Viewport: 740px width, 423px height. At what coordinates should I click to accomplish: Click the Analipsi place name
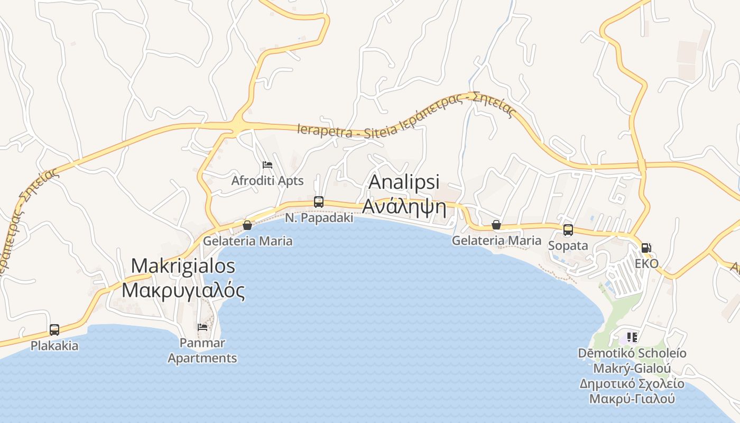(x=404, y=182)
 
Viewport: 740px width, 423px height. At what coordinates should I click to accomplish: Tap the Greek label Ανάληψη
(x=404, y=208)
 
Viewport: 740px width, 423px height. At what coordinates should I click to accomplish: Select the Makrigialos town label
(x=183, y=265)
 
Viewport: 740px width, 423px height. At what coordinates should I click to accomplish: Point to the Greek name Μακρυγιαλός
(x=183, y=290)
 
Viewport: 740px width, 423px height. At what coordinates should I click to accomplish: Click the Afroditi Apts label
(x=267, y=181)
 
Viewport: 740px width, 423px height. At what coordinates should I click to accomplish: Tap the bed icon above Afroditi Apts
(x=267, y=165)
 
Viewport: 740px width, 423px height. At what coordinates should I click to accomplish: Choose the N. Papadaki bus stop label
(x=319, y=217)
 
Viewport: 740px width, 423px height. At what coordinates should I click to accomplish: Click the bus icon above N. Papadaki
(x=319, y=201)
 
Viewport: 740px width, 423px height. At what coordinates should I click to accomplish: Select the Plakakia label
(x=54, y=346)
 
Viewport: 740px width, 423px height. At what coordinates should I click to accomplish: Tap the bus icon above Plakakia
(x=54, y=330)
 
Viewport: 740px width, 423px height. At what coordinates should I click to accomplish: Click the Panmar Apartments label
(x=202, y=350)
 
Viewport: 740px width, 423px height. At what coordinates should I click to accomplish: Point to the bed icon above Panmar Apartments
(x=202, y=327)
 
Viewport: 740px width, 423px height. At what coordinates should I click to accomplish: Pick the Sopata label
(x=568, y=246)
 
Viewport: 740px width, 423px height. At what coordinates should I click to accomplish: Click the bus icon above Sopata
(x=568, y=230)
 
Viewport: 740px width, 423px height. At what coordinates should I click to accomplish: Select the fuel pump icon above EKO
(x=646, y=247)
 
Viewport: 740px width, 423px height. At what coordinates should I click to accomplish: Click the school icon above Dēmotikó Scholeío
(x=632, y=337)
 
